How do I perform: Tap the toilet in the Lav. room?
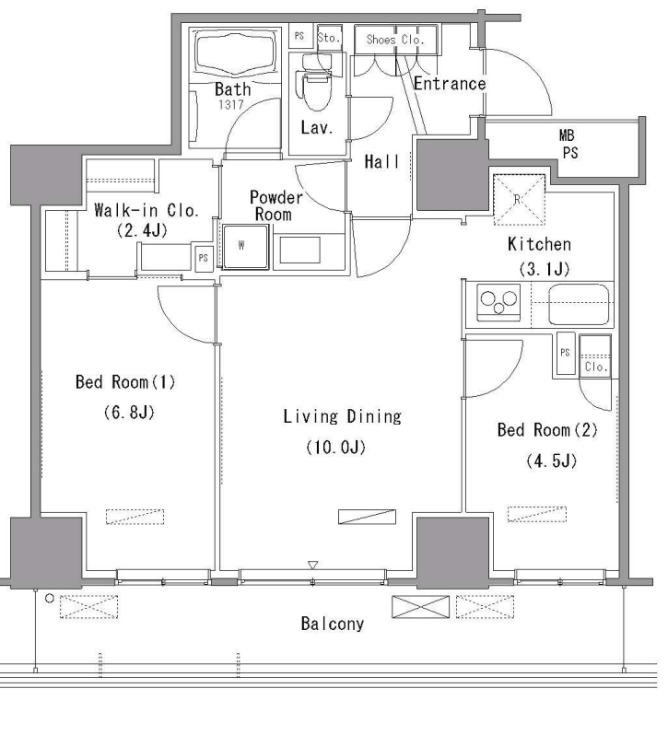coord(317,82)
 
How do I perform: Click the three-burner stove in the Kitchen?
coord(498,302)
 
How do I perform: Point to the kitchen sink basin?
coord(579,304)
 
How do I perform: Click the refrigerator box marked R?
coord(519,200)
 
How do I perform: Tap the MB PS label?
coord(568,144)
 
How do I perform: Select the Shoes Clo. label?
coord(394,40)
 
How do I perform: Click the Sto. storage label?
coord(328,38)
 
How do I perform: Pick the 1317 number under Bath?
coord(230,104)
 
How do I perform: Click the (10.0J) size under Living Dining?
coord(335,448)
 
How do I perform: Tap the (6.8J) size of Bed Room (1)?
coord(129,413)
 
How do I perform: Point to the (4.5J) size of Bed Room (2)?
coord(551,461)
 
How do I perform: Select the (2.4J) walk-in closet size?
coord(142,230)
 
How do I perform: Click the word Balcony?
coord(332,624)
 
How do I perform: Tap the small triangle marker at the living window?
coord(313,565)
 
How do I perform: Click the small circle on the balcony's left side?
coord(50,599)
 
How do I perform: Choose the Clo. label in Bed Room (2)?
coord(596,367)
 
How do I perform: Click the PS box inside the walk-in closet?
coord(203,258)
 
